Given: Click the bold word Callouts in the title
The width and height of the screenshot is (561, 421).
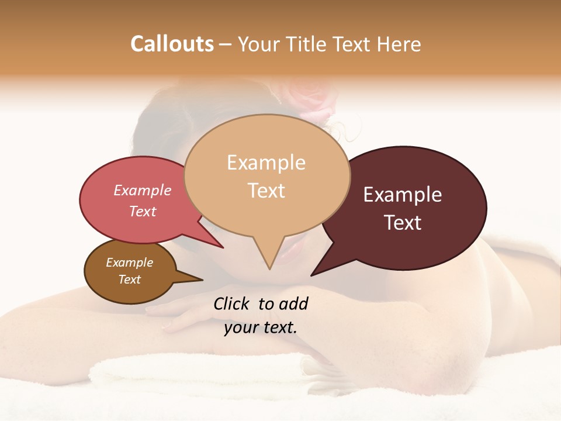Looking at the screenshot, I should (x=172, y=44).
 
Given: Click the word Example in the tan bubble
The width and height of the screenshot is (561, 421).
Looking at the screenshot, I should (x=266, y=163).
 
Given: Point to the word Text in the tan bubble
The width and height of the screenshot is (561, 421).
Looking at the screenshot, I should (x=266, y=191).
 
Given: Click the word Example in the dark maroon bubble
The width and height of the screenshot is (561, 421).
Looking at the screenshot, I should (x=403, y=195).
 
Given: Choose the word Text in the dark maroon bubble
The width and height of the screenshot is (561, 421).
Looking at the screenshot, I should (x=403, y=223).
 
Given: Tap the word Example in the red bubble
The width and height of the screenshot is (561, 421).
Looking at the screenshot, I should (x=143, y=190).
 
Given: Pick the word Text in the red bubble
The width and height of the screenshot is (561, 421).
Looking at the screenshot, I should (x=143, y=211).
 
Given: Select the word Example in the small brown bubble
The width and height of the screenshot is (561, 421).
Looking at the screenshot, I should (x=129, y=263).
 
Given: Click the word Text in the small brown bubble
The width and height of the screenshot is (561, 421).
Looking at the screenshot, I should (x=129, y=279).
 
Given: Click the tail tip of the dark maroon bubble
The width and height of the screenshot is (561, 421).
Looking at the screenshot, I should (x=312, y=274).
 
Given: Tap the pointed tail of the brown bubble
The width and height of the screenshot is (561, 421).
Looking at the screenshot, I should (x=200, y=279).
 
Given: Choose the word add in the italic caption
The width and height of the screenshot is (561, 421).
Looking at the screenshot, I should (x=294, y=303).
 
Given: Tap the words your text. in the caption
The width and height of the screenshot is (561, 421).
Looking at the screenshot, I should (x=261, y=327).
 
